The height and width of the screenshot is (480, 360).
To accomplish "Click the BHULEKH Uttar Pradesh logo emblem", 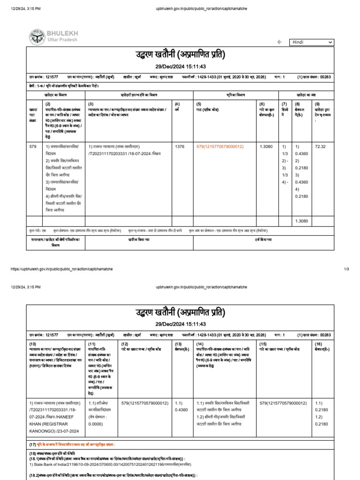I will [37, 37].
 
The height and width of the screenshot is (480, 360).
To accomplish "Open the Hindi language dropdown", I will [311, 42].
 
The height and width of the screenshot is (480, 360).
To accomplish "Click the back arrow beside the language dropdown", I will [279, 42].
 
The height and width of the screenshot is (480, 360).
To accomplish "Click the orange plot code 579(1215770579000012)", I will [220, 147].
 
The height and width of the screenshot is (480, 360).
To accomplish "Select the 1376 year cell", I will [180, 147].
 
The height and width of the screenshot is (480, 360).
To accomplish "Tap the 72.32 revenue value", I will [320, 147].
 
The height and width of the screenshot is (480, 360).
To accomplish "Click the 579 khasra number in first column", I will [32, 147].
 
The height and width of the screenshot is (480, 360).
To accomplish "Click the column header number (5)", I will [199, 104].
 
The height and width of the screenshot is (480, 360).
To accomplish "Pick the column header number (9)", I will [317, 104].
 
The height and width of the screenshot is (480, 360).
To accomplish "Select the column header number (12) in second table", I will [124, 344].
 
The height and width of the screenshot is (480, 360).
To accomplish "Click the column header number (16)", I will [318, 344].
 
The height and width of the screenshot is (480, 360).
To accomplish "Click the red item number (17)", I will [32, 444].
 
